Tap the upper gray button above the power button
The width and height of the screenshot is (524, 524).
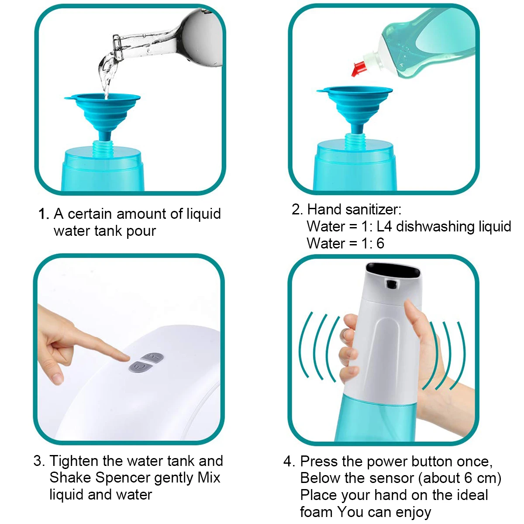[152, 358]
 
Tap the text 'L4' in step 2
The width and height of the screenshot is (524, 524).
[384, 226]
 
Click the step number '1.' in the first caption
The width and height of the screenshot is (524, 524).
[44, 214]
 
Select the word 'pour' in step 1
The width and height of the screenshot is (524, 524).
[141, 231]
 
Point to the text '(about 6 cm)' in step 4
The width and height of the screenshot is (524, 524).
[459, 478]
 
